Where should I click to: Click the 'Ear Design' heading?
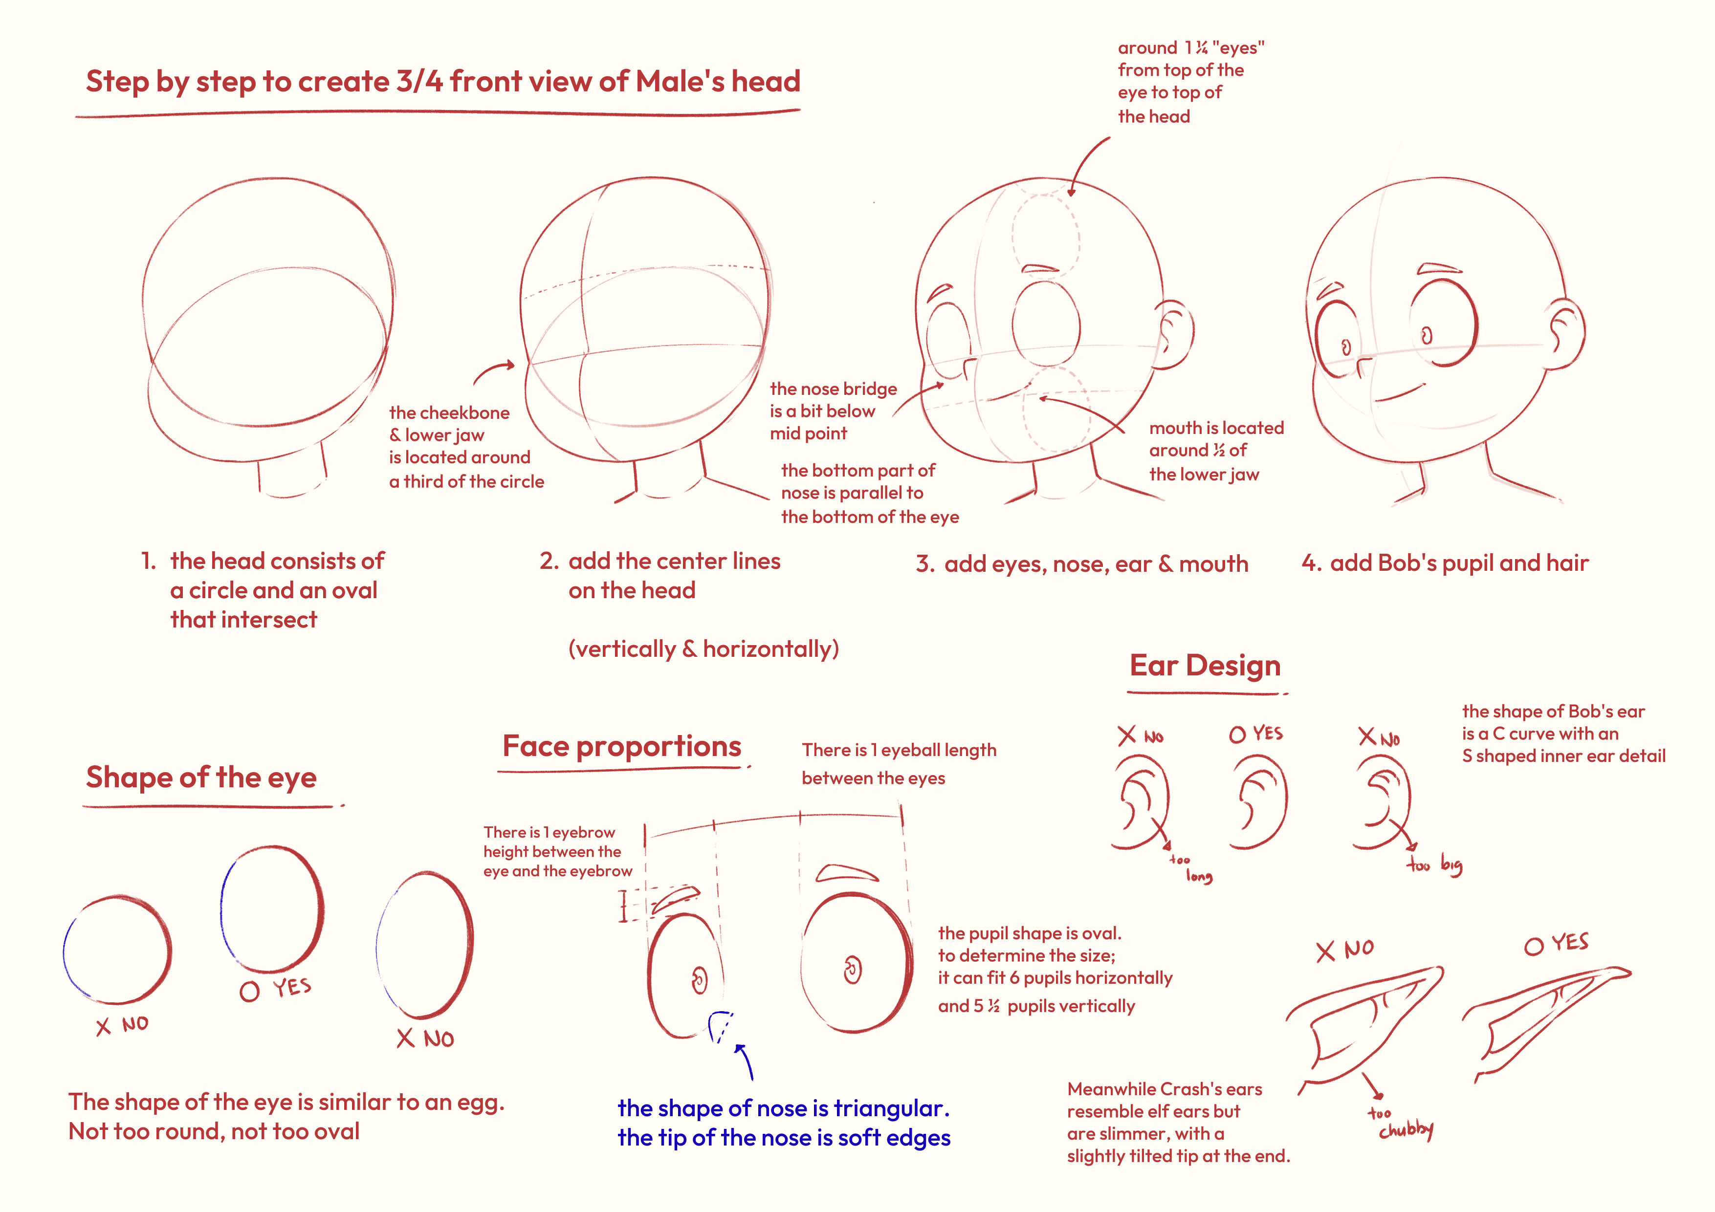coord(1205,665)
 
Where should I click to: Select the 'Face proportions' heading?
coord(621,746)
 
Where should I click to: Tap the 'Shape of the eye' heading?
coord(201,778)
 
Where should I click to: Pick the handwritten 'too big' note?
coord(1435,865)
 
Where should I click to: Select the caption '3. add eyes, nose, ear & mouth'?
coord(1082,564)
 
